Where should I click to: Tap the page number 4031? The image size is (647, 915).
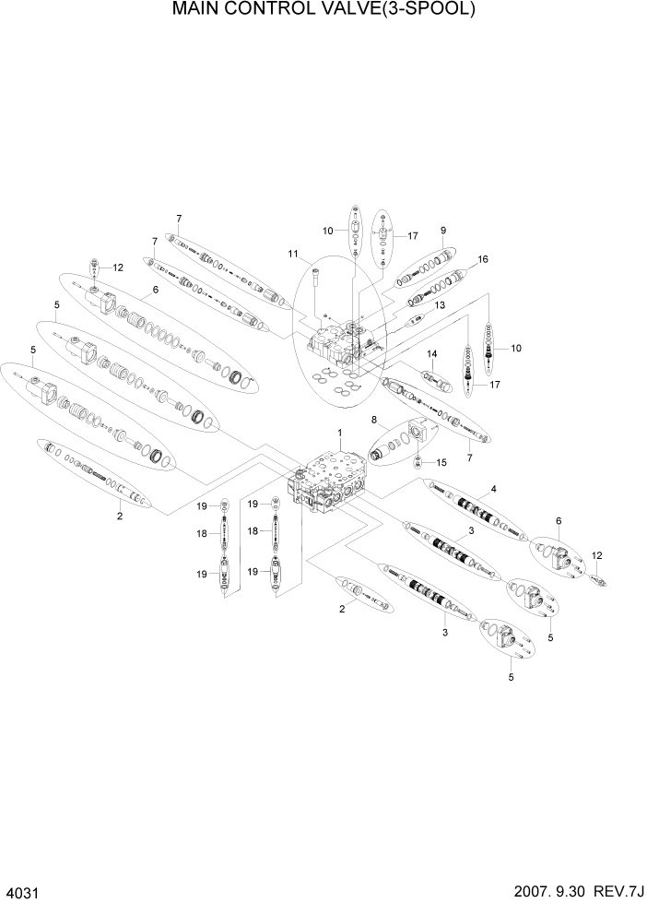23,895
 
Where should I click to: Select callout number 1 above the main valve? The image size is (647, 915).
339,433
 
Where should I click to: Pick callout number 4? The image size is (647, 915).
493,488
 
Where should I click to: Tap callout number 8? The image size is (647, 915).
374,420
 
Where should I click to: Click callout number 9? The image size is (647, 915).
442,230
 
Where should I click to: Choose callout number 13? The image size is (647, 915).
440,304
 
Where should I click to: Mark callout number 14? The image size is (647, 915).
430,353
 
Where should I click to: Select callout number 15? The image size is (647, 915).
441,461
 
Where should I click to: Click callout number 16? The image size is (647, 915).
482,259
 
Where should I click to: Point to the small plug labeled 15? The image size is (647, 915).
420,460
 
